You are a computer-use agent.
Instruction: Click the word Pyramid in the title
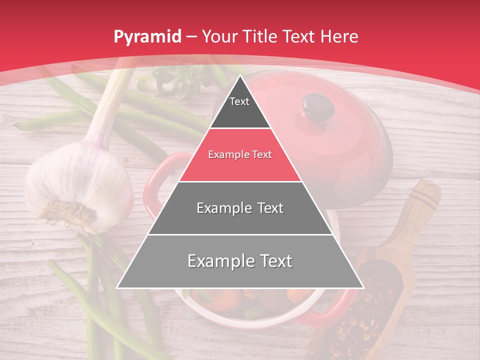[147, 36]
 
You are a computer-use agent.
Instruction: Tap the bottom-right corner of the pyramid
[362, 287]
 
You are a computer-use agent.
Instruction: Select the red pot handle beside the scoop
[332, 312]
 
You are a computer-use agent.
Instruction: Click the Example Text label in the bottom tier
[240, 261]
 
